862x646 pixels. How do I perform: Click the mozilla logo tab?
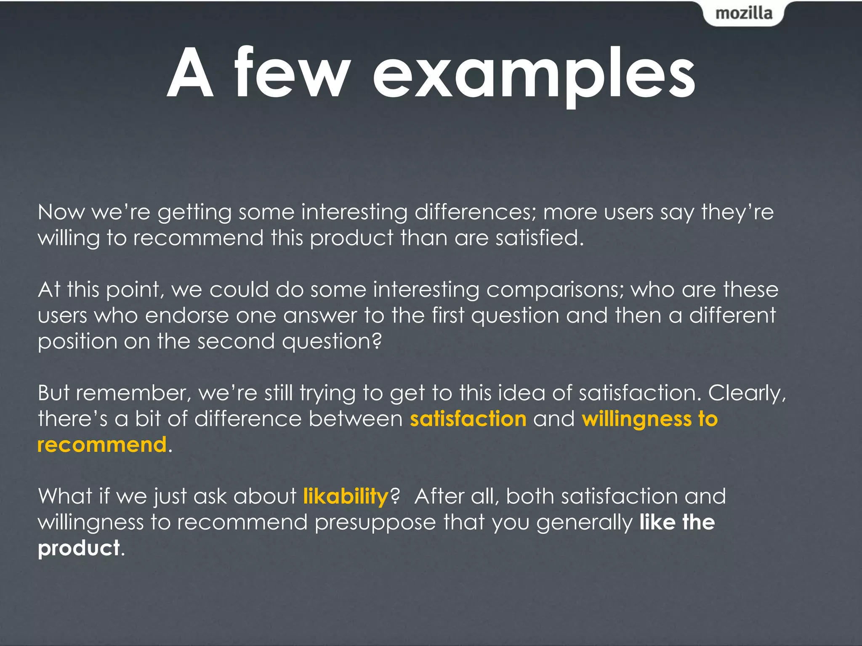(744, 13)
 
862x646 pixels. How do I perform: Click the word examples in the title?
(534, 75)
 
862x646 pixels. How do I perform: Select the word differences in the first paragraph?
(475, 212)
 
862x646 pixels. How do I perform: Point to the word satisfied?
(539, 238)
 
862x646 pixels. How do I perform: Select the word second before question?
(236, 341)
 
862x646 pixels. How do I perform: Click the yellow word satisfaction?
(468, 419)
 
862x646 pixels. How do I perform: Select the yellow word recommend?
(102, 445)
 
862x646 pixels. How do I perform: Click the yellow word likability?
(346, 497)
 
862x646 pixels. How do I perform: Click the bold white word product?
(79, 549)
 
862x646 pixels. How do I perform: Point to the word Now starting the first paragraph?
(61, 212)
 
